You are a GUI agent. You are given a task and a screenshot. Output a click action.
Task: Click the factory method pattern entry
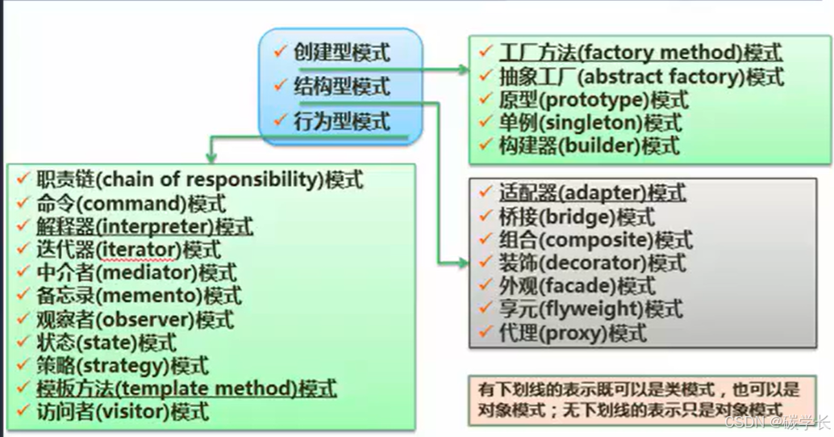coord(640,53)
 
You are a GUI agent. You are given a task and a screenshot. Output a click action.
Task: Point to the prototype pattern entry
coord(594,100)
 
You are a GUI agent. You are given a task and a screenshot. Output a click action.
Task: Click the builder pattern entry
coord(589,145)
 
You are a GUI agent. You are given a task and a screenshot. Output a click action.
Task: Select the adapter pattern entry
coord(592,194)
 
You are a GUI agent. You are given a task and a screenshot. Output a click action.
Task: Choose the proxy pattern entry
coord(573,332)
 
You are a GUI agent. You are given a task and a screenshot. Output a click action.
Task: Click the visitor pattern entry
coord(123,412)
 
